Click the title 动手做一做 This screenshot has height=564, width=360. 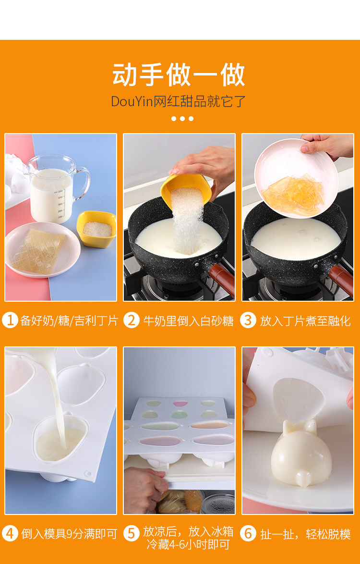click(179, 74)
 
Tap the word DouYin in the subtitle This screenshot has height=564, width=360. click(132, 101)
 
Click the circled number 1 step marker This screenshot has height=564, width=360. click(10, 320)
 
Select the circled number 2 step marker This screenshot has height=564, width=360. click(132, 320)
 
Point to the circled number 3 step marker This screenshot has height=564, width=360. click(248, 320)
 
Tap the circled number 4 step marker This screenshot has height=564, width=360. click(10, 533)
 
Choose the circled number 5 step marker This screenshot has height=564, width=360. click(132, 533)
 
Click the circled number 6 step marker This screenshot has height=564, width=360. click(248, 533)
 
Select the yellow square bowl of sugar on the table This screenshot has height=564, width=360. click(96, 229)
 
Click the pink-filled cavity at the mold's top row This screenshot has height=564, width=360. click(180, 404)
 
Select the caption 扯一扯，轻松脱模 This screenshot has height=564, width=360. click(305, 534)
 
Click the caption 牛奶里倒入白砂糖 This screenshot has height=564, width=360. click(188, 320)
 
